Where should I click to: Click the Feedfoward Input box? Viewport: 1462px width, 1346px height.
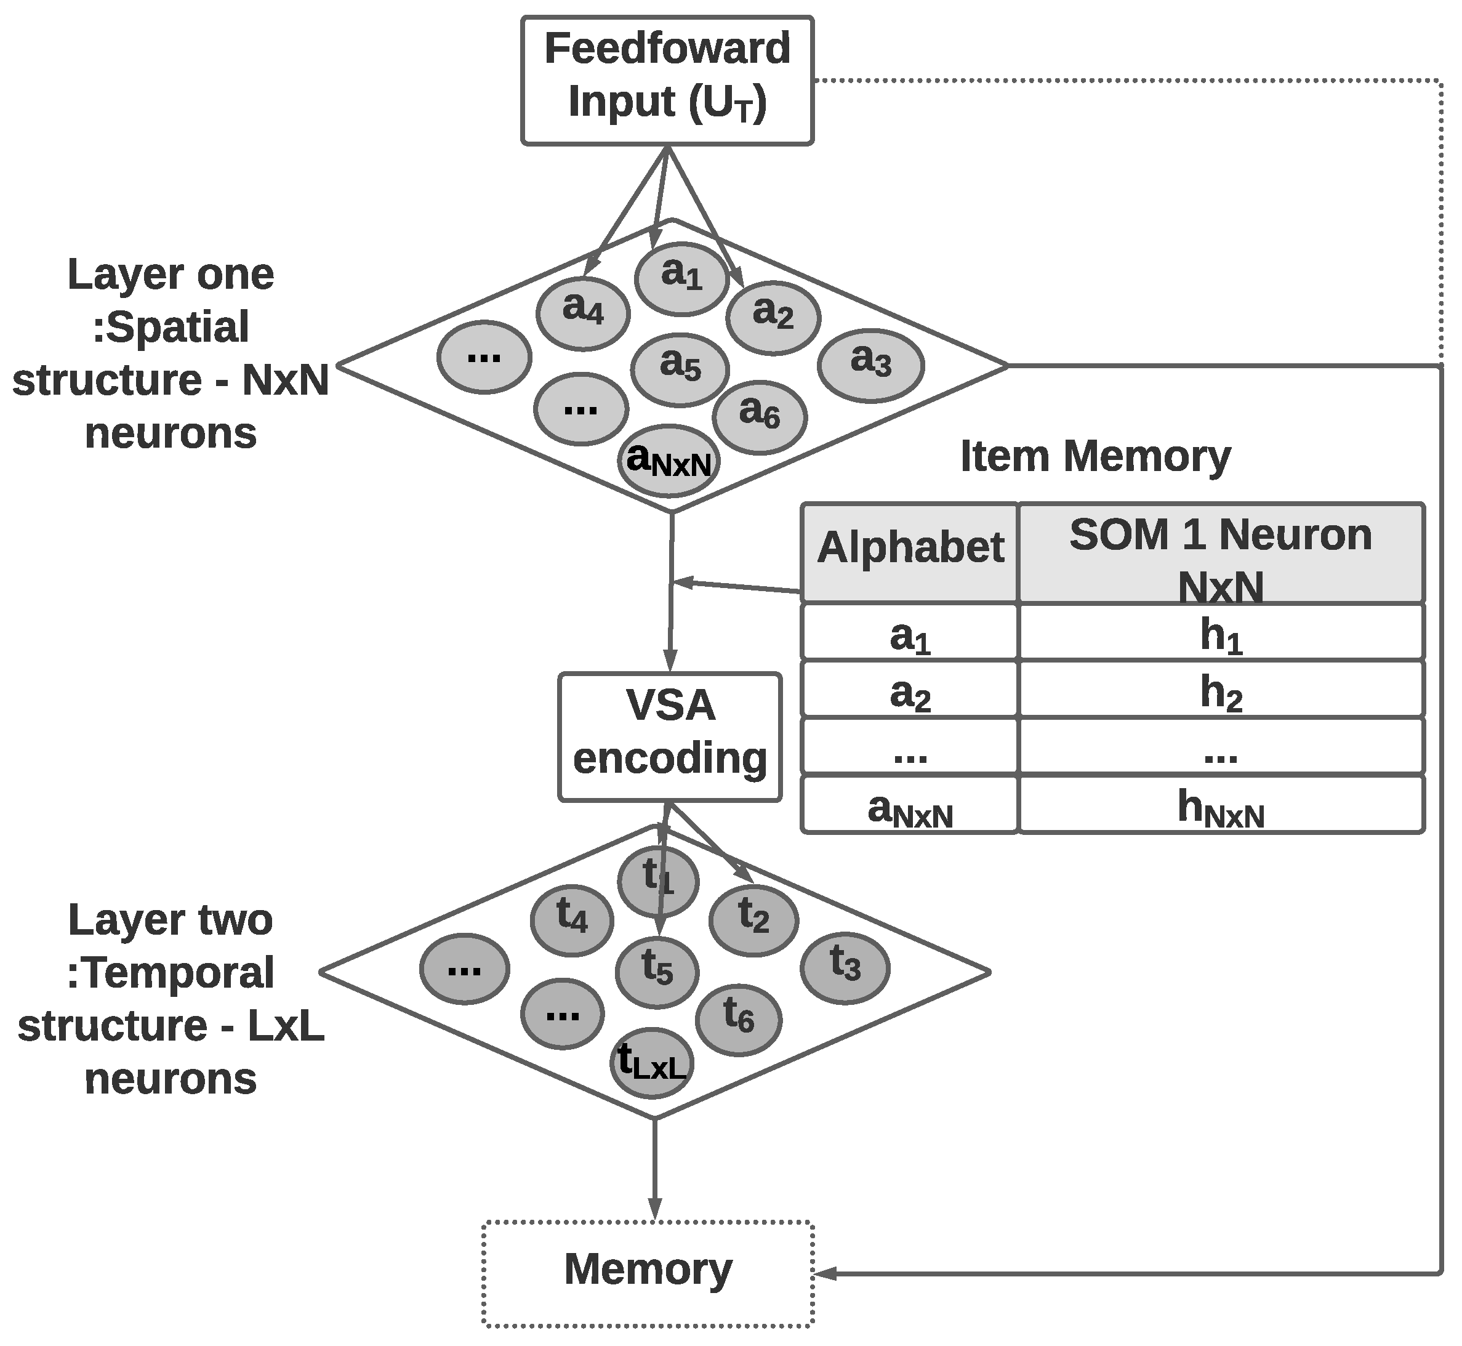click(667, 80)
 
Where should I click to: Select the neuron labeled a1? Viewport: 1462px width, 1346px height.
click(681, 278)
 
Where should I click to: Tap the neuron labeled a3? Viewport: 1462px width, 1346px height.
click(871, 365)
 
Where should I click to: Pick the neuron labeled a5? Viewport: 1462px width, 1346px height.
click(680, 369)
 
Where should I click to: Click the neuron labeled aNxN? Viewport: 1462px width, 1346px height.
click(669, 461)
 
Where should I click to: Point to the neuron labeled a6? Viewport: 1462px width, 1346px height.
click(760, 417)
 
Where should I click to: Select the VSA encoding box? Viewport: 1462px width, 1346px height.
click(670, 737)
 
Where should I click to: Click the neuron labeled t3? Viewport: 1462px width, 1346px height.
click(845, 968)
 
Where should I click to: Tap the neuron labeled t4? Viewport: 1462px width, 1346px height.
click(571, 921)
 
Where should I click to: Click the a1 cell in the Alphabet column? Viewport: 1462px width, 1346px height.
click(909, 632)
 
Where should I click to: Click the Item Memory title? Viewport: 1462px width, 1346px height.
click(1095, 457)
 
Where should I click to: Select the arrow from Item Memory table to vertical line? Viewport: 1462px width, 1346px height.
click(736, 586)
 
